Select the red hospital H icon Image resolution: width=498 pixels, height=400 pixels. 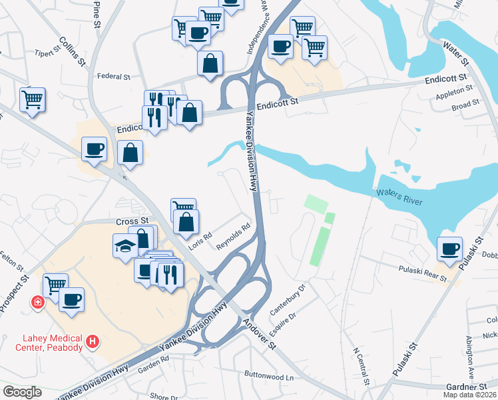[x=93, y=342]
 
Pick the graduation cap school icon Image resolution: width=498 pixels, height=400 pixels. [x=125, y=246]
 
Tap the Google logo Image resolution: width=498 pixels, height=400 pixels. [x=22, y=392]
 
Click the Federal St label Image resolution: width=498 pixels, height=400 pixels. [x=113, y=77]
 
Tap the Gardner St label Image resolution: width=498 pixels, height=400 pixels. [x=467, y=386]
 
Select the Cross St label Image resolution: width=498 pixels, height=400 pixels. [x=131, y=221]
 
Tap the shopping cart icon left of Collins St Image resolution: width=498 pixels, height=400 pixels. [x=32, y=100]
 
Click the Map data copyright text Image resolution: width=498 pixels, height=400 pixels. [x=469, y=395]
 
